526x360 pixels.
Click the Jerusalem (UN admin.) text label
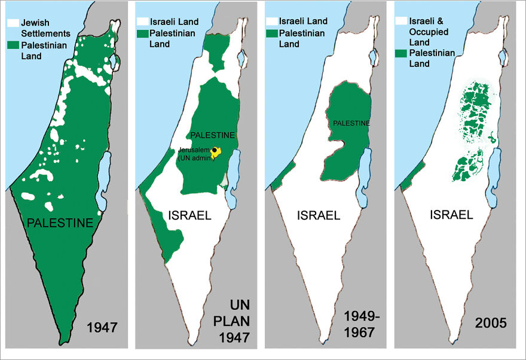pos(195,154)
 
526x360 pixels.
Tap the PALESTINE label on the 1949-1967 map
pos(351,123)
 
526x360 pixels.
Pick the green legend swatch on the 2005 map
pos(402,54)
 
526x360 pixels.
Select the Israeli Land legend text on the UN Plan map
pos(174,22)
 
